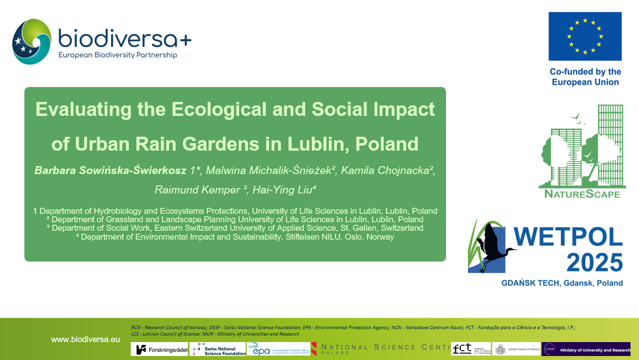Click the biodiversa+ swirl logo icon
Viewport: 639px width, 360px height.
pyautogui.click(x=31, y=42)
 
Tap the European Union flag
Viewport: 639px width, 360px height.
pyautogui.click(x=585, y=36)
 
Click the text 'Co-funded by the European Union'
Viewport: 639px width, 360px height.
pyautogui.click(x=585, y=77)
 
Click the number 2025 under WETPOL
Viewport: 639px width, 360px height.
pyautogui.click(x=594, y=263)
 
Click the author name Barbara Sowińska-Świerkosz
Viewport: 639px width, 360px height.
pyautogui.click(x=110, y=171)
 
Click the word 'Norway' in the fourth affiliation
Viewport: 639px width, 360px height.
pyautogui.click(x=380, y=237)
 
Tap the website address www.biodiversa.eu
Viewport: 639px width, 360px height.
pyautogui.click(x=86, y=340)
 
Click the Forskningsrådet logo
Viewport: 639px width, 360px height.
pyautogui.click(x=159, y=349)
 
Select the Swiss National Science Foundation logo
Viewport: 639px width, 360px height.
pyautogui.click(x=218, y=349)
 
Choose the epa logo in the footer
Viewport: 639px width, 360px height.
pyautogui.click(x=278, y=349)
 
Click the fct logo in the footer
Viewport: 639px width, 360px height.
pyautogui.click(x=470, y=349)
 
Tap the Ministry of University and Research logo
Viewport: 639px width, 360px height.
pyautogui.click(x=586, y=349)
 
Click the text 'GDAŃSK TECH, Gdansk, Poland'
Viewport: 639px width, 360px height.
pyautogui.click(x=561, y=283)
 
